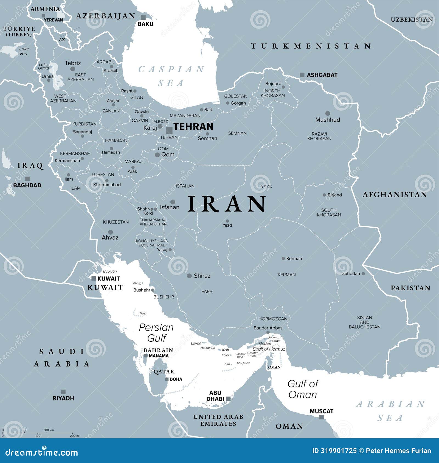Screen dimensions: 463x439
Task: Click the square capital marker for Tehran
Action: coord(169,130)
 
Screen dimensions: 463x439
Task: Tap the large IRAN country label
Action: coord(227,204)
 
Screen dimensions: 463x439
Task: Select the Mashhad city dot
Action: coord(328,113)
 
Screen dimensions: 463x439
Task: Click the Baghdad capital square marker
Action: coord(27,179)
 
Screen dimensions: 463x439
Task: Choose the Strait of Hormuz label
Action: coord(269,349)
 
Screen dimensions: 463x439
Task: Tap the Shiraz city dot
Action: coord(189,276)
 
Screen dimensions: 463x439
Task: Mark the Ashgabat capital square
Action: coord(302,75)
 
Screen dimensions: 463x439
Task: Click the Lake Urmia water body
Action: coord(56,75)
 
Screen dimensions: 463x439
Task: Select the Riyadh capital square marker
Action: coord(63,392)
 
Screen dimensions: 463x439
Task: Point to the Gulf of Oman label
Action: coord(303,389)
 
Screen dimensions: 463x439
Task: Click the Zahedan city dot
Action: coord(363,273)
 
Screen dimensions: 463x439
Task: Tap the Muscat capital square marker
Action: coord(321,417)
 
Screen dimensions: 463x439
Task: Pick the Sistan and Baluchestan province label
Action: coord(364,322)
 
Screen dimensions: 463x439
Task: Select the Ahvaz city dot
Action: coord(110,232)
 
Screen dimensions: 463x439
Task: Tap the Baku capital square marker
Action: coord(143,17)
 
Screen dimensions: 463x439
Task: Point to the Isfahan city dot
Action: coord(173,202)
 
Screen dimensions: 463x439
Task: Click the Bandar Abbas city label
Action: coord(268,328)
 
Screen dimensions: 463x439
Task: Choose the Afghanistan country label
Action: coord(395,195)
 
